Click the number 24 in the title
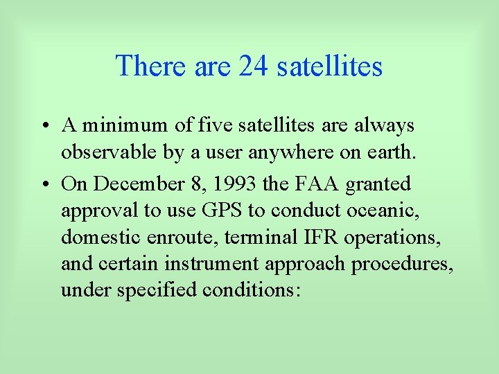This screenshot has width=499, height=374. click(x=254, y=66)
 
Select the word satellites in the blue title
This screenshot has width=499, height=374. click(x=329, y=66)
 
